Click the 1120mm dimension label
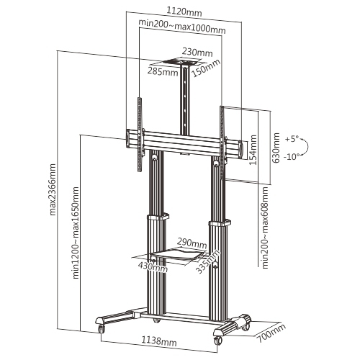(184, 12)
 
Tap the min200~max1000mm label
(182, 26)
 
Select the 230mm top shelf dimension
(197, 52)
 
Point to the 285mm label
(163, 71)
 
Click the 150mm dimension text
(206, 68)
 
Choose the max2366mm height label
(53, 189)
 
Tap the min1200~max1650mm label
(76, 233)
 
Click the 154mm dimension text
(253, 150)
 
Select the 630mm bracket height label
(276, 148)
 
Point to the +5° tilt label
(292, 139)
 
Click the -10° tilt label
(292, 157)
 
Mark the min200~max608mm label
(265, 228)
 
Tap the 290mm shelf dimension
(192, 243)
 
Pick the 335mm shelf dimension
(207, 261)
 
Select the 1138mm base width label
(158, 341)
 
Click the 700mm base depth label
(271, 333)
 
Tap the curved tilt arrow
(305, 147)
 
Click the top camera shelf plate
(181, 61)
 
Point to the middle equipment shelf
(178, 254)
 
